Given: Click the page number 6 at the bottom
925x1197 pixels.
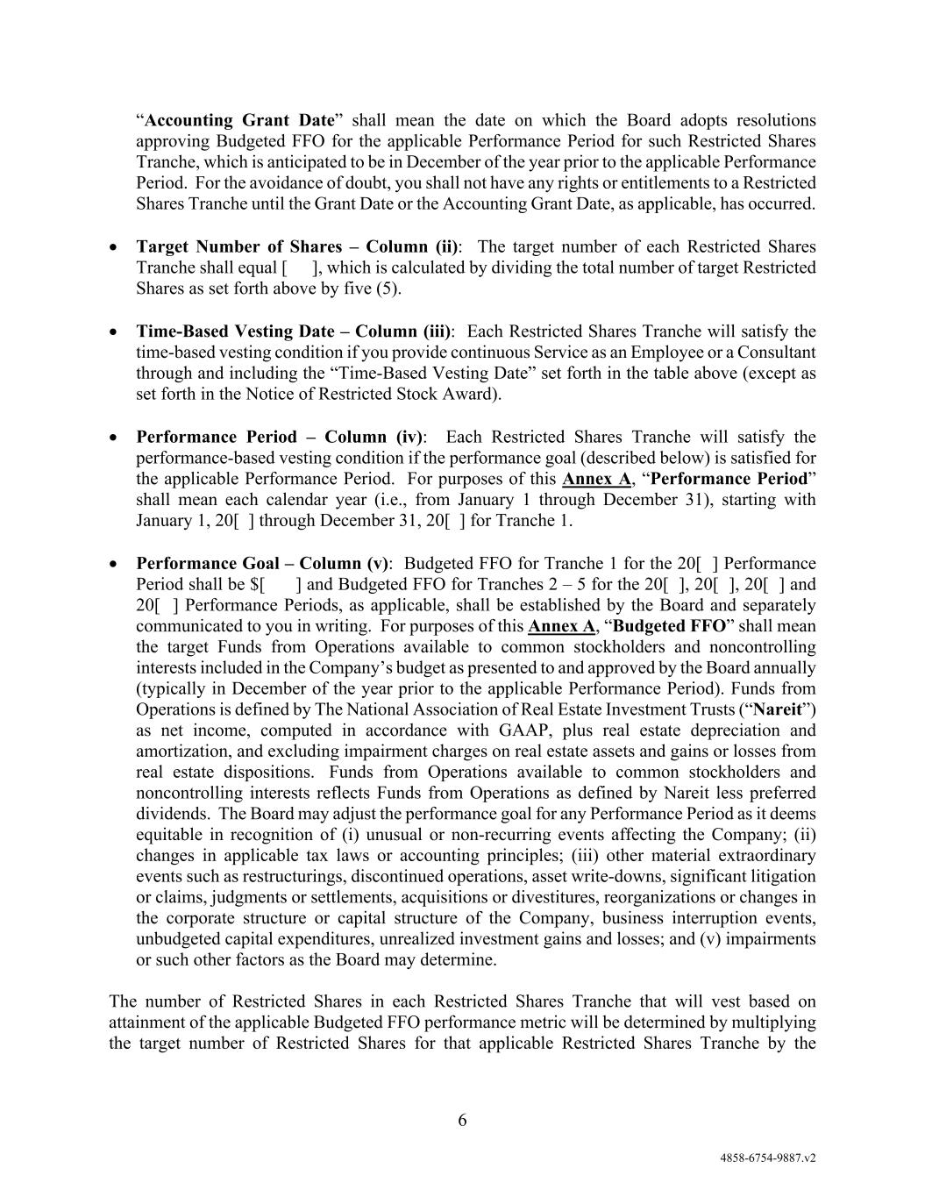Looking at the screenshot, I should click(x=462, y=1120).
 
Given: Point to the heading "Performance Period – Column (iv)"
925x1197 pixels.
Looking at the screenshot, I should click(x=279, y=437).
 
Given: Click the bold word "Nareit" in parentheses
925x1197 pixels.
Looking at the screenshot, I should click(x=779, y=709).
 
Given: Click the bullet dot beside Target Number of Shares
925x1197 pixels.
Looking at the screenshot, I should click(x=114, y=247).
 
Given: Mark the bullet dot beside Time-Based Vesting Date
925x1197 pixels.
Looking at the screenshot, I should click(x=114, y=332).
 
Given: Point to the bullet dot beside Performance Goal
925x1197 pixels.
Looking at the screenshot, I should click(x=114, y=564).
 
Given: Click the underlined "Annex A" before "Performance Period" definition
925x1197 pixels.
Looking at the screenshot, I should click(x=596, y=479).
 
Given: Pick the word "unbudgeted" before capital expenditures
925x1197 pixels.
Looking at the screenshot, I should click(x=176, y=938).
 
